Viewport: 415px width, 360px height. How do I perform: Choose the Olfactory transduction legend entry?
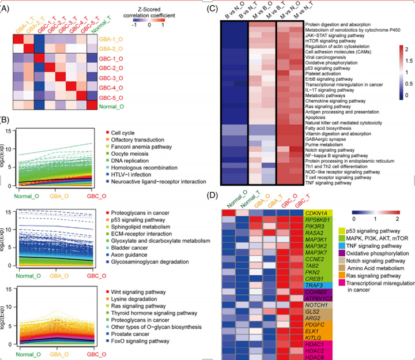[x=137, y=140]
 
